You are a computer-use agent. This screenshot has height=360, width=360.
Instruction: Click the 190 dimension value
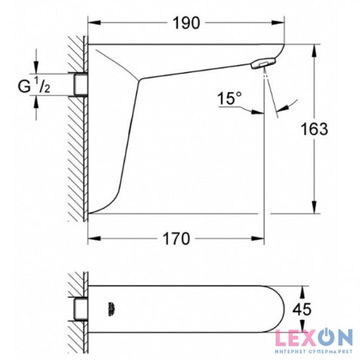pos(187,23)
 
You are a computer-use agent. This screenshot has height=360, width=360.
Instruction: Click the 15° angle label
pos(231,99)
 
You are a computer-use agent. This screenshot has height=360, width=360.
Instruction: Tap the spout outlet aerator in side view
pos(261,63)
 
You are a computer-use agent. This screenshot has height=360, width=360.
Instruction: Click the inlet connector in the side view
pos(81,84)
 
